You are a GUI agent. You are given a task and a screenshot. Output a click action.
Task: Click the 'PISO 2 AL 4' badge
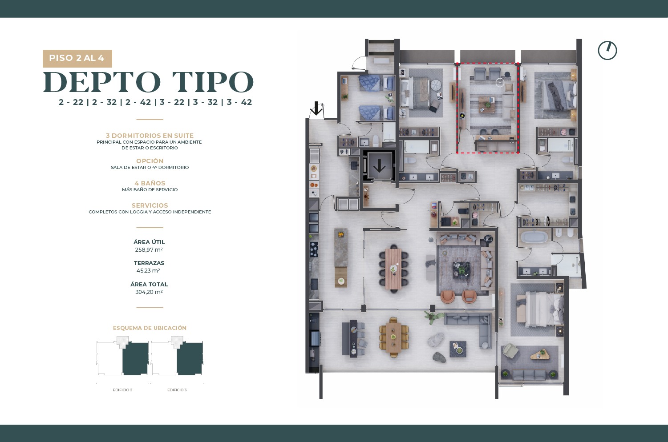[x=77, y=58]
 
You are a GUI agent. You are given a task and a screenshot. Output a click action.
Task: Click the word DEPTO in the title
[x=102, y=82]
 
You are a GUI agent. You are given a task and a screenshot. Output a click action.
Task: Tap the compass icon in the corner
[x=607, y=51]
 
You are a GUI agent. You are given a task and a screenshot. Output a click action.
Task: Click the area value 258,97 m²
[x=149, y=250]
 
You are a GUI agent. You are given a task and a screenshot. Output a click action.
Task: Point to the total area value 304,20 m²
[x=149, y=292]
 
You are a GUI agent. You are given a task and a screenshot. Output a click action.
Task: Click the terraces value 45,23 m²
[x=148, y=271]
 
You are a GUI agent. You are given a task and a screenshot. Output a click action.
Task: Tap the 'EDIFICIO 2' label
[x=122, y=390]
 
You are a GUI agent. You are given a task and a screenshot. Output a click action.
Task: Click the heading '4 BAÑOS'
[x=150, y=183]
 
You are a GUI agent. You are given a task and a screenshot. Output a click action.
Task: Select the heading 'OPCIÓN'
[x=150, y=161]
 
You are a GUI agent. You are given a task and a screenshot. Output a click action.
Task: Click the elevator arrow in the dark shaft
[x=379, y=166]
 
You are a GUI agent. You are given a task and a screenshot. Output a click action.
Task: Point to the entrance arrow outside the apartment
[x=316, y=108]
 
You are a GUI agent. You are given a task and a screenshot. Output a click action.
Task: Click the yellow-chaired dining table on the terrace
[x=394, y=338]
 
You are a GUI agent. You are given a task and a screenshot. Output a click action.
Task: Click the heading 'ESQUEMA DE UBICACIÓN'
[x=150, y=328]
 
